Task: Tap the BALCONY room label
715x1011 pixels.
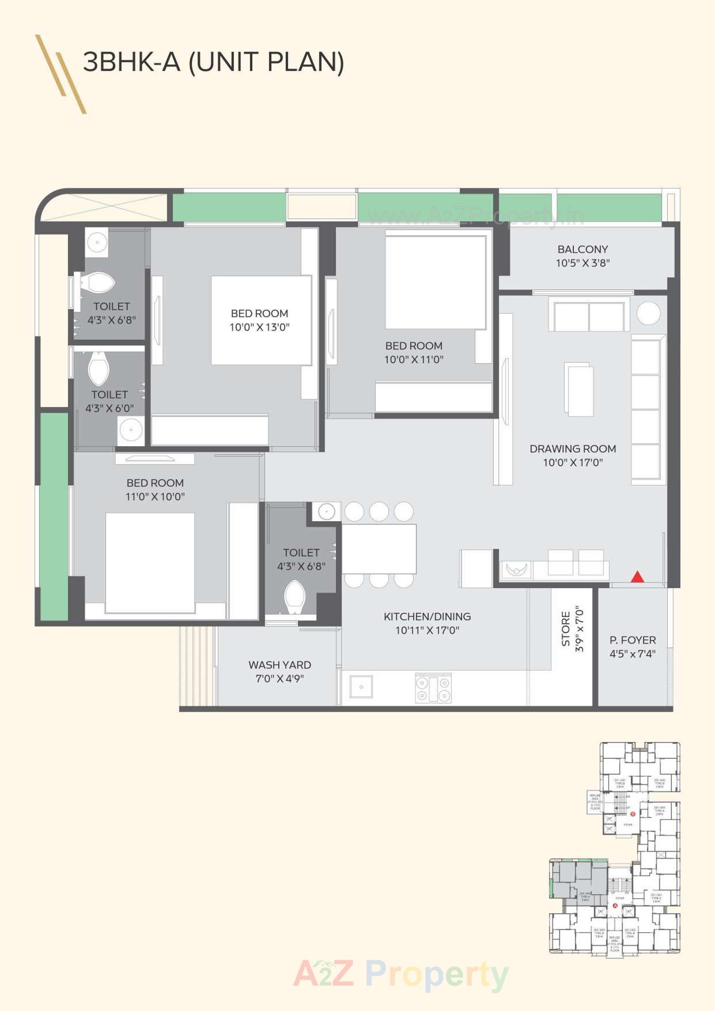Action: click(582, 249)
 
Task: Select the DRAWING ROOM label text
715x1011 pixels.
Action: click(572, 449)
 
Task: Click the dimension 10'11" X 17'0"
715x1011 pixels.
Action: click(427, 630)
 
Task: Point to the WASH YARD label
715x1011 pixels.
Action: click(280, 665)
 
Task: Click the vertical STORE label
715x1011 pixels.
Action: click(566, 628)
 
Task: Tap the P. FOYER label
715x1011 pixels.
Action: click(632, 640)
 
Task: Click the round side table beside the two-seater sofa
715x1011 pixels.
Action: click(648, 313)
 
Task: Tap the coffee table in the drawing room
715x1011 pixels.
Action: click(578, 389)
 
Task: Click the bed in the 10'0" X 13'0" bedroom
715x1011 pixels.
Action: click(261, 320)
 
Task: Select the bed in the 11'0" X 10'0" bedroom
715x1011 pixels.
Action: click(150, 563)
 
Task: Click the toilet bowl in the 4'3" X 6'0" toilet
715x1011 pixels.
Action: click(99, 369)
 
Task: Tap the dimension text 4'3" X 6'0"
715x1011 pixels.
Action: click(109, 408)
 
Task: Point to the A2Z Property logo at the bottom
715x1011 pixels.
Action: click(401, 974)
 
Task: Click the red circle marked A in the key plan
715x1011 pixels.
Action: click(615, 906)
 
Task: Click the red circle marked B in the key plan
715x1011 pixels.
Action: click(633, 814)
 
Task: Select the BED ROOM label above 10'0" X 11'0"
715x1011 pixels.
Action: click(413, 346)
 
